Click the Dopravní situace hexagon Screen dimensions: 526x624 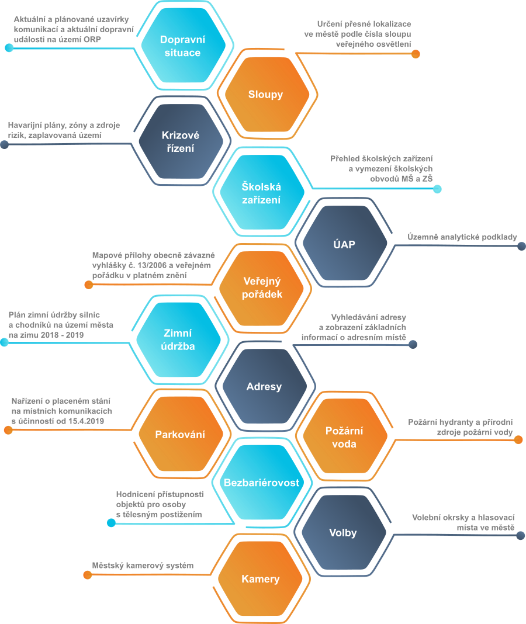(x=183, y=46)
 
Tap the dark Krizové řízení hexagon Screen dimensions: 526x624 (x=181, y=141)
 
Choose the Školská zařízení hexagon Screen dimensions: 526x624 (x=262, y=193)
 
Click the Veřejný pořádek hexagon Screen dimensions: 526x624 (x=262, y=288)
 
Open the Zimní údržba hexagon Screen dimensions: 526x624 (x=178, y=339)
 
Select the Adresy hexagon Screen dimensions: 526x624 (x=264, y=386)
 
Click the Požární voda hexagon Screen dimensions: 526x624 (x=345, y=436)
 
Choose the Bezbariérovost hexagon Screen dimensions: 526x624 (x=262, y=483)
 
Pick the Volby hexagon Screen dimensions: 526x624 (x=344, y=532)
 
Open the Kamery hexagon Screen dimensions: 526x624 (x=261, y=578)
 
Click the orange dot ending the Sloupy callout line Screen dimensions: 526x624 (x=416, y=54)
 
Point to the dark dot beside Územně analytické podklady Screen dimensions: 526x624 (x=521, y=247)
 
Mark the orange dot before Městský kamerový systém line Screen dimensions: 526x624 (x=88, y=575)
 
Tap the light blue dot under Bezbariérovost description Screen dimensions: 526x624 (x=112, y=523)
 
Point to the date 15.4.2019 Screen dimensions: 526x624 (x=85, y=421)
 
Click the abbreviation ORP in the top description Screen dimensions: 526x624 (x=92, y=39)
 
